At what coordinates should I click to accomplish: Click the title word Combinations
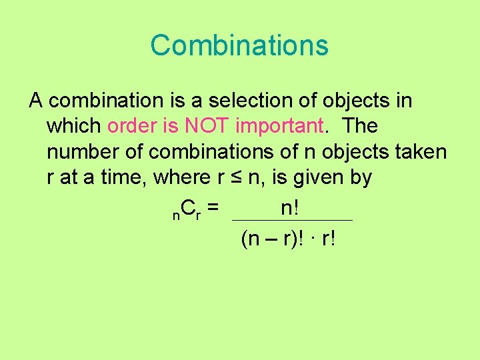[239, 45]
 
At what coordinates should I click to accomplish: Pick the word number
[83, 152]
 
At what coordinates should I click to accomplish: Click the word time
[123, 177]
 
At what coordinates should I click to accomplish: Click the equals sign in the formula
[213, 209]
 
